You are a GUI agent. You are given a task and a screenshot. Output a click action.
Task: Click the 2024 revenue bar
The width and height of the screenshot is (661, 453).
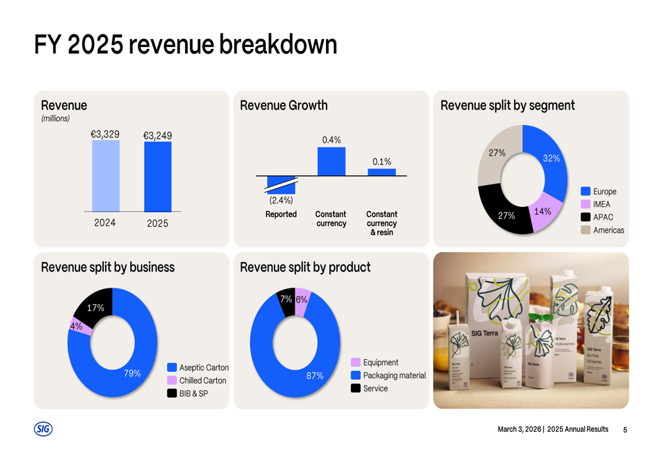click(x=106, y=176)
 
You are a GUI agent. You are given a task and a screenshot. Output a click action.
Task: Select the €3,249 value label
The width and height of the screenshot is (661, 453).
click(x=157, y=136)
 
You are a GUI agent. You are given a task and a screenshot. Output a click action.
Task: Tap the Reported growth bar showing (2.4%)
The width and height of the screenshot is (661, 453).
click(x=281, y=185)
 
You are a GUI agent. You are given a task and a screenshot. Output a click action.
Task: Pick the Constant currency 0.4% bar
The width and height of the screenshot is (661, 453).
click(x=331, y=161)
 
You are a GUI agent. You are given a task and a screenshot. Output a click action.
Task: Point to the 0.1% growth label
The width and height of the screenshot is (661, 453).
click(x=381, y=161)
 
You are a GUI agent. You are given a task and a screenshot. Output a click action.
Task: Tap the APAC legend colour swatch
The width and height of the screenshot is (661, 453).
click(x=585, y=217)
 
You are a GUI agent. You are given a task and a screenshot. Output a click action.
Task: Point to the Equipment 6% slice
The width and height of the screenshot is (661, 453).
click(x=302, y=299)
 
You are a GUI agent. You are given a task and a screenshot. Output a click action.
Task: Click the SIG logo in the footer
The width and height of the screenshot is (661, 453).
click(x=43, y=429)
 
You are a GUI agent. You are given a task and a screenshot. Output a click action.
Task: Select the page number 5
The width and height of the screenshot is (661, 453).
click(x=625, y=430)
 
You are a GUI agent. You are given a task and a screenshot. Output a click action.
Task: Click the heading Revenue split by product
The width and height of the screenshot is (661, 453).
click(x=305, y=267)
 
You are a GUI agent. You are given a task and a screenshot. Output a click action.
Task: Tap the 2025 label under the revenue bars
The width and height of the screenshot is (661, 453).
click(x=157, y=224)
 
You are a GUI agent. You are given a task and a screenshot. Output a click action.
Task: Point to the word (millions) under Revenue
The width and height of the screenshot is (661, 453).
click(x=56, y=118)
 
